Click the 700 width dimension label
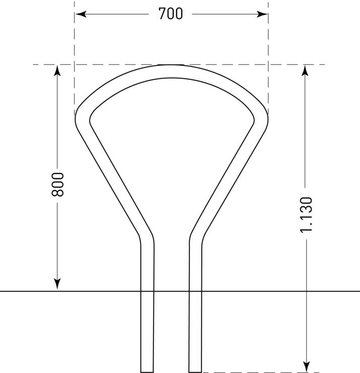pyautogui.click(x=171, y=14)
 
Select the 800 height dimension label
pyautogui.click(x=57, y=185)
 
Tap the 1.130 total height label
pyautogui.click(x=306, y=215)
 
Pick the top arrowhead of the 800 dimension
pyautogui.click(x=57, y=70)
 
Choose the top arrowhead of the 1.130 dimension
pyautogui.click(x=305, y=70)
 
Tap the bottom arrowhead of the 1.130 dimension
pyautogui.click(x=307, y=366)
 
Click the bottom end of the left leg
pyautogui.click(x=147, y=371)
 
